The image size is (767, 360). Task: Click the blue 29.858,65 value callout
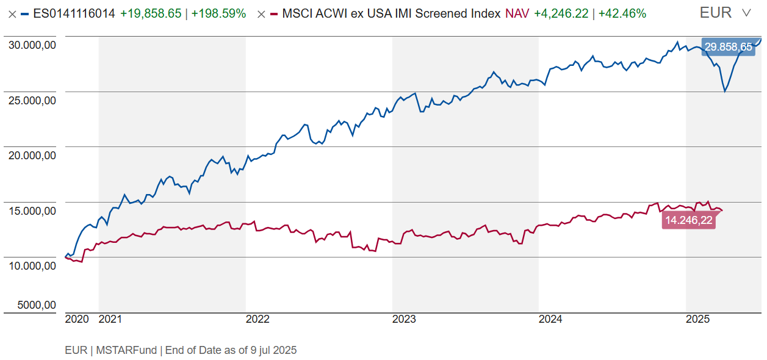729,47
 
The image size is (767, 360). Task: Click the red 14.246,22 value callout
689,221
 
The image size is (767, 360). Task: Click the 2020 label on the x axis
77,319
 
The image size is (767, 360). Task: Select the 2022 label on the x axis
257,319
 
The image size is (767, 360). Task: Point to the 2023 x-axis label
404,319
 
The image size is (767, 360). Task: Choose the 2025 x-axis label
697,319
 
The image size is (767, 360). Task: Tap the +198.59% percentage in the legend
218,13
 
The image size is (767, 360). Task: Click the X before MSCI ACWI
261,14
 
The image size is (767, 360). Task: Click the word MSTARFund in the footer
128,350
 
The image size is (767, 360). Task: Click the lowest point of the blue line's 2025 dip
725,92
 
